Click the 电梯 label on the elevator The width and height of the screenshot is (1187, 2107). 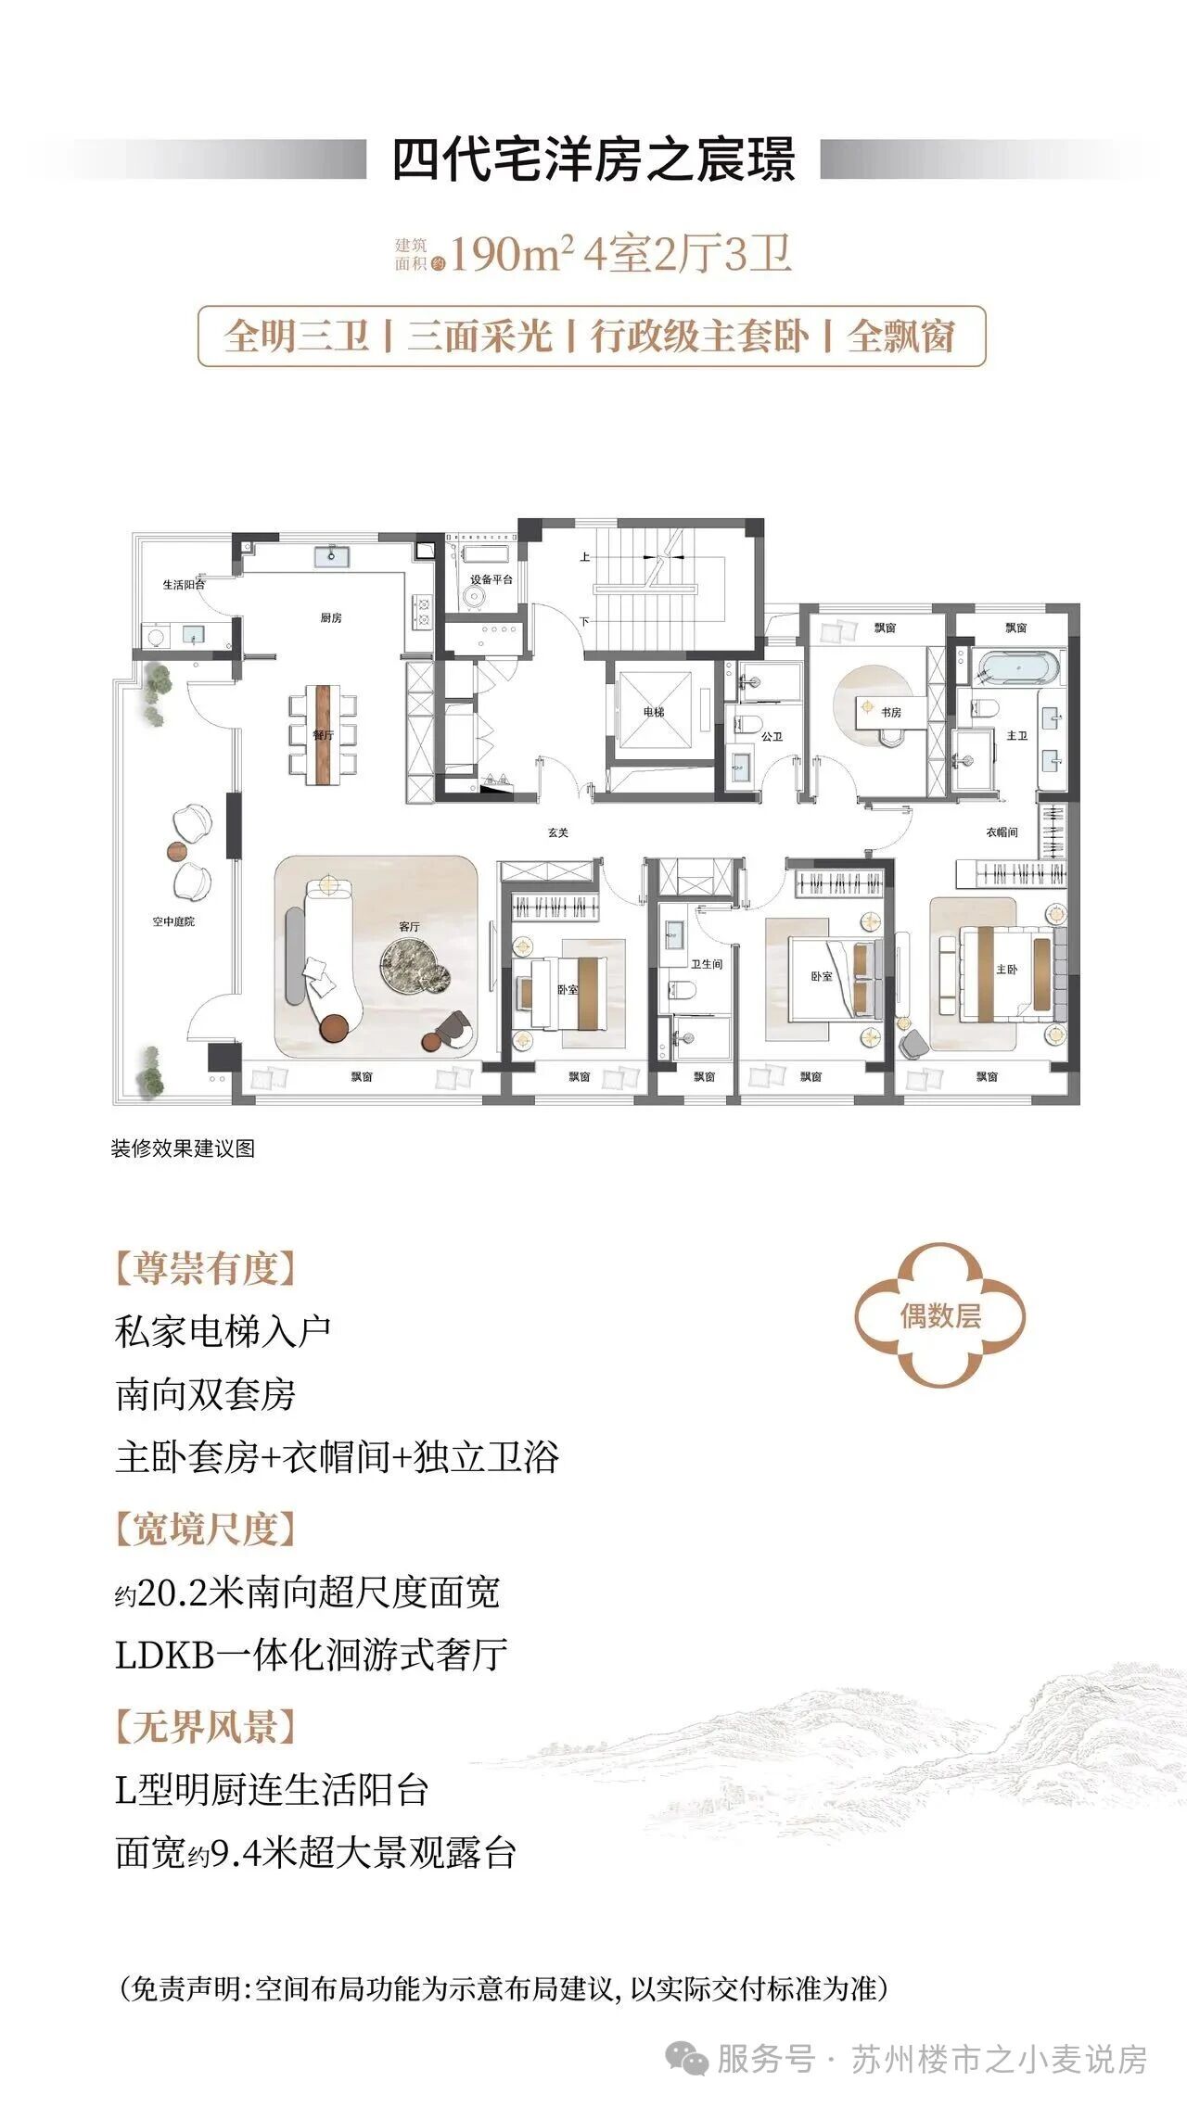654,712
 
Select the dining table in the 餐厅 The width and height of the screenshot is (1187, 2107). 322,734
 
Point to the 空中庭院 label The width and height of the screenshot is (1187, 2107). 173,921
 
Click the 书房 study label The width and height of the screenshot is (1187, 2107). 891,712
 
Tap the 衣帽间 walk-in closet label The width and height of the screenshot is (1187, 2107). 1002,832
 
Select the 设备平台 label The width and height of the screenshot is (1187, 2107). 491,579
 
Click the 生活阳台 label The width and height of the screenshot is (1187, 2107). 184,585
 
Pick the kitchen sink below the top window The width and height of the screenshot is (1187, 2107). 331,555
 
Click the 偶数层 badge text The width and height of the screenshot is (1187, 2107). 940,1315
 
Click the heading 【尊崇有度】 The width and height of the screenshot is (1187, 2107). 205,1267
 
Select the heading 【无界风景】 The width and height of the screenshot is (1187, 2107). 205,1727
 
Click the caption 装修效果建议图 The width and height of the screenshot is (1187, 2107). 183,1149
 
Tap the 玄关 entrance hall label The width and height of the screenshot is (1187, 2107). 557,832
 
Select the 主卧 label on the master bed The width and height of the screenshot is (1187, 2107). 1007,969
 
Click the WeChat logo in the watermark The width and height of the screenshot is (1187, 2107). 688,2059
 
